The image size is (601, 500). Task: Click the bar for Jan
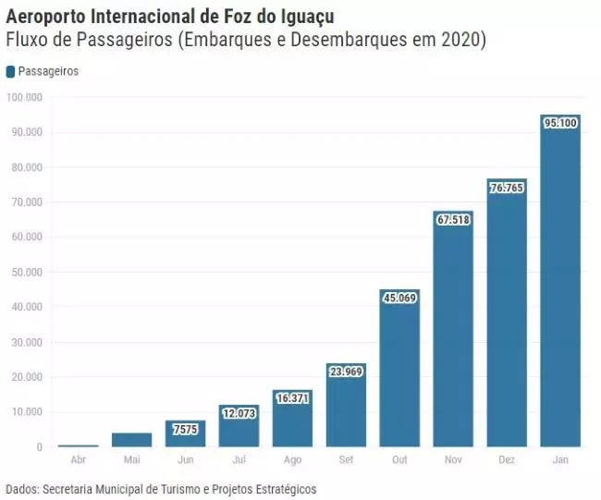(x=559, y=281)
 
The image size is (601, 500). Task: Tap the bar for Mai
(x=131, y=440)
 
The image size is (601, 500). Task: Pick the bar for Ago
(x=292, y=418)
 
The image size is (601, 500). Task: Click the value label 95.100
(x=560, y=122)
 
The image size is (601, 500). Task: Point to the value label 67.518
(x=453, y=219)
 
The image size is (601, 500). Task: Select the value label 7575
(x=185, y=429)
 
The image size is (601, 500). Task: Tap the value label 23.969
(x=346, y=372)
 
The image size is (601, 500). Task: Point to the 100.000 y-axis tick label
(x=23, y=97)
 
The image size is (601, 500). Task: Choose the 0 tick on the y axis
(x=39, y=447)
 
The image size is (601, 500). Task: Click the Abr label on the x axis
(x=79, y=460)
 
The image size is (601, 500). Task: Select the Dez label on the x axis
(x=507, y=460)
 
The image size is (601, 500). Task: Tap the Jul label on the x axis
(x=239, y=460)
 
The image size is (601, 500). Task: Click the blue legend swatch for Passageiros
(x=10, y=71)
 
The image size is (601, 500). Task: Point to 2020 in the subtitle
(x=462, y=40)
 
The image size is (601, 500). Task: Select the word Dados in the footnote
(x=21, y=488)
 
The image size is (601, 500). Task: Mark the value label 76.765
(x=507, y=188)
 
